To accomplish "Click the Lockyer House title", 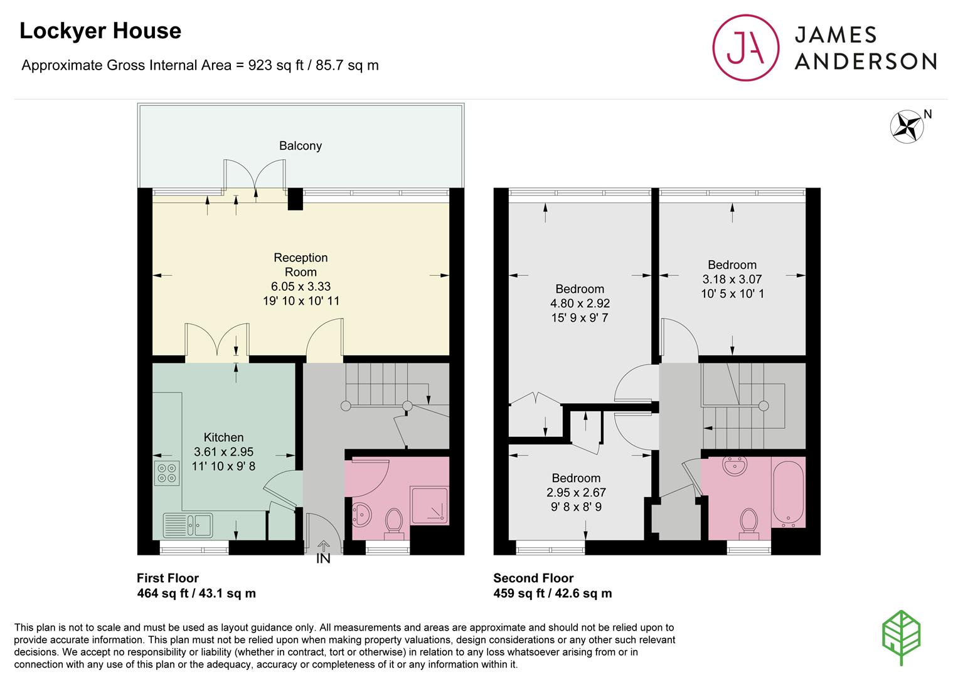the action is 100,31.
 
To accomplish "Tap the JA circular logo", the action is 745,48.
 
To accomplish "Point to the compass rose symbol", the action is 907,127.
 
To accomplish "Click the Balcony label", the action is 301,146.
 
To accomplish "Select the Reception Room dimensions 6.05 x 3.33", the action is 301,286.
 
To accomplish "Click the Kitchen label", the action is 223,438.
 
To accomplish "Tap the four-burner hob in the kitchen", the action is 167,473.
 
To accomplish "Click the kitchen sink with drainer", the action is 188,525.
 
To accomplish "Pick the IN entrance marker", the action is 323,559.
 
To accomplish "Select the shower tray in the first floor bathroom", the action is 429,505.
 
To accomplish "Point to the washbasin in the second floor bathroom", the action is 735,466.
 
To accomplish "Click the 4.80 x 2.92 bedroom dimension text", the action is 580,303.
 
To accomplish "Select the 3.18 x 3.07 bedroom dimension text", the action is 732,279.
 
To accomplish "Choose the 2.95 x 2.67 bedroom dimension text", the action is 576,493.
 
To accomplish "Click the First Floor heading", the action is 168,578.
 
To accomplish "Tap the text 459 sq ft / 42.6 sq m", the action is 552,593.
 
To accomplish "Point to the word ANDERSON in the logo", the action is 865,61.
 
